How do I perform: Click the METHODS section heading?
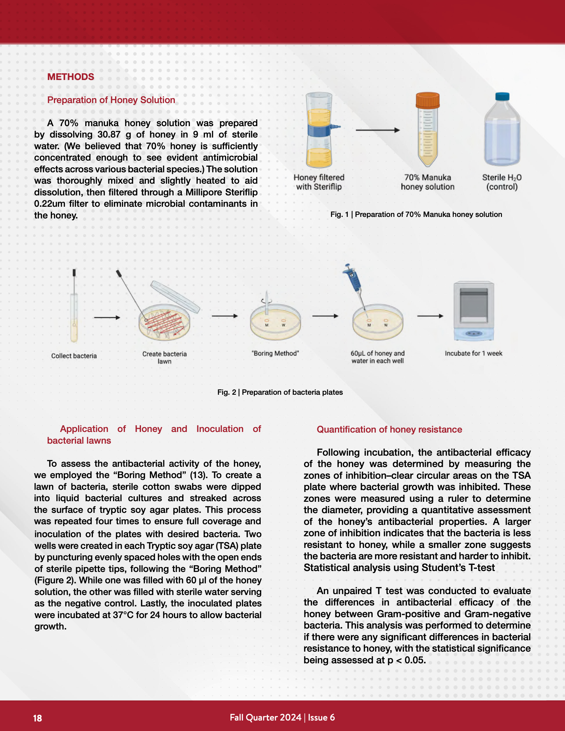[71, 77]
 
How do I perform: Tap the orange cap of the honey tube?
[427, 100]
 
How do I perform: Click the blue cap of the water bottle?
[502, 96]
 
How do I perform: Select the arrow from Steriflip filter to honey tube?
[378, 130]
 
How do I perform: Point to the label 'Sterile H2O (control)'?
[502, 182]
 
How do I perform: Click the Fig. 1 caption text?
[416, 214]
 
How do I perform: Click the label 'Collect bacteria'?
[74, 356]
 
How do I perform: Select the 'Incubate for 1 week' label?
[473, 354]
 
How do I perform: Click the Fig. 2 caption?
[280, 392]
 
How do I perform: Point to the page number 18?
[38, 718]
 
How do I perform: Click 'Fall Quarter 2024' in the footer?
[266, 717]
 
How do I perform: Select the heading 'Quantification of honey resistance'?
[389, 429]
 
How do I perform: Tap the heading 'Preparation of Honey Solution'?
[111, 100]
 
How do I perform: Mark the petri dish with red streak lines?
[164, 323]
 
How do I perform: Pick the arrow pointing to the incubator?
[430, 316]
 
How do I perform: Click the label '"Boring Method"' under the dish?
[275, 354]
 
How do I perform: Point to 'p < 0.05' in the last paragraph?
[406, 660]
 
